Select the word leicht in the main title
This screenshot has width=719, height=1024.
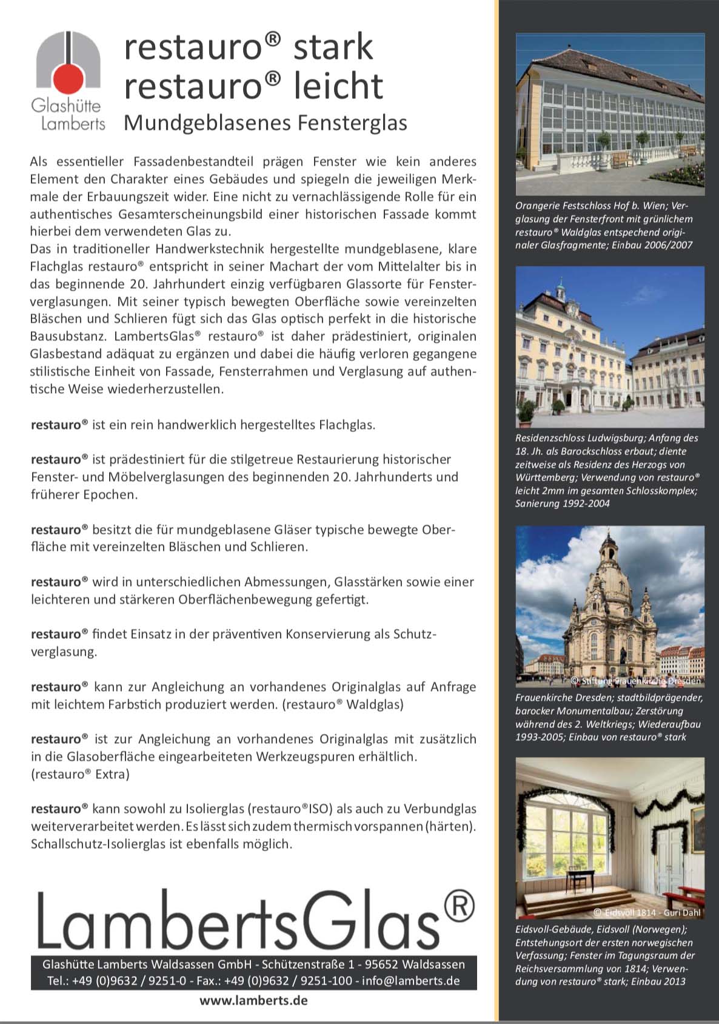pos(338,86)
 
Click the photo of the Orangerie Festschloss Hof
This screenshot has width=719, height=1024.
pos(610,114)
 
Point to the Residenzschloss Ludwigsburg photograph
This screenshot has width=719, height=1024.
pos(610,346)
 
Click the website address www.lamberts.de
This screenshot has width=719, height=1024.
pos(253,1000)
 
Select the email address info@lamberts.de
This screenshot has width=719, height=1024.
pos(410,981)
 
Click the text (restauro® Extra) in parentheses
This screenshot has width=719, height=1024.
pos(80,774)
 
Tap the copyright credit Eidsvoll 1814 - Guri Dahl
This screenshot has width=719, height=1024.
pos(647,912)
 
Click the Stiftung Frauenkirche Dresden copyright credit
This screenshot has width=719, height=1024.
pos(636,681)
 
